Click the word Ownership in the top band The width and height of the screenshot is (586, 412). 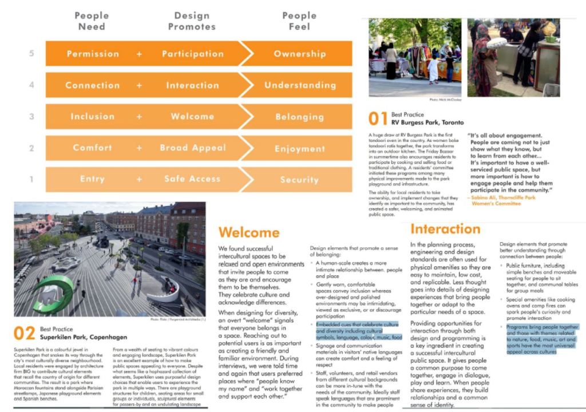(299, 54)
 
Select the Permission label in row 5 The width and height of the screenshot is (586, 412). (93, 54)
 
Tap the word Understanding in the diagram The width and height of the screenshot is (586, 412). (300, 85)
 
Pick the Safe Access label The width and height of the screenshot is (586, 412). (192, 179)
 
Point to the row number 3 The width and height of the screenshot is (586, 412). (32, 117)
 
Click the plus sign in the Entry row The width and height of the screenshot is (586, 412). (139, 179)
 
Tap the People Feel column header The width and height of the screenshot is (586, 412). (299, 21)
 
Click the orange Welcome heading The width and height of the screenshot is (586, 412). (248, 232)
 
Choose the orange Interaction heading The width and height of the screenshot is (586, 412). (445, 229)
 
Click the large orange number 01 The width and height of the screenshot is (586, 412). (378, 118)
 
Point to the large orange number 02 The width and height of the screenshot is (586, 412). (24, 334)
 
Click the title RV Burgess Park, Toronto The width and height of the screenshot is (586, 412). (427, 122)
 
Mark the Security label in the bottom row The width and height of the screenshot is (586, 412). (299, 179)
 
